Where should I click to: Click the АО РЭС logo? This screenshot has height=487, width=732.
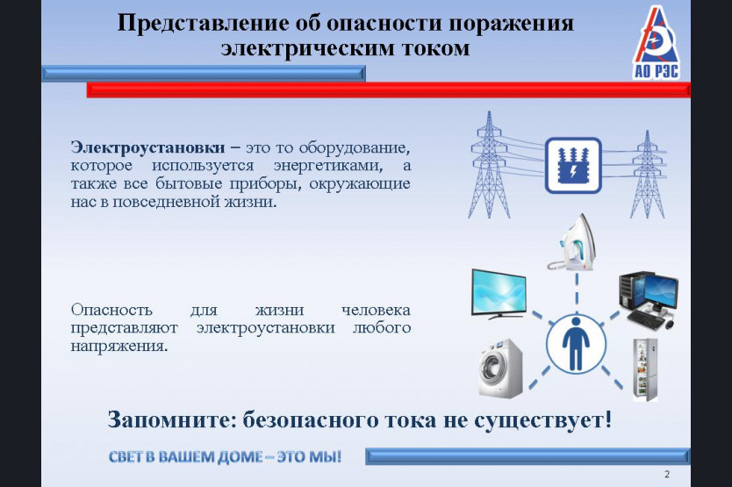point(656,43)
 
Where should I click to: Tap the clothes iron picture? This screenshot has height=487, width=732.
point(571,242)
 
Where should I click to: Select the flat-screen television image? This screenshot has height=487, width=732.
point(499,294)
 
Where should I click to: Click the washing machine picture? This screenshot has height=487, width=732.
point(500,368)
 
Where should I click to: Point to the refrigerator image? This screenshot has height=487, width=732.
point(645,369)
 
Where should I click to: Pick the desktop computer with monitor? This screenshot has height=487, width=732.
point(649,300)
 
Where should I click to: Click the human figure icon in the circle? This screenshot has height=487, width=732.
point(576,344)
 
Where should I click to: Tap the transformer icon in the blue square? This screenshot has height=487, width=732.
point(573,165)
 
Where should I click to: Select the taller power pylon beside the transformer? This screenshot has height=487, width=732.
point(489,165)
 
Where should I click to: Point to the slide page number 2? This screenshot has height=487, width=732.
point(667,475)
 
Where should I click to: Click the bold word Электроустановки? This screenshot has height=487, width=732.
point(148,147)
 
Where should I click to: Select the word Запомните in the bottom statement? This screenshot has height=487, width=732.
point(173,419)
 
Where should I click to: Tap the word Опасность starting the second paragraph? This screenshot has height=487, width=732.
point(111,310)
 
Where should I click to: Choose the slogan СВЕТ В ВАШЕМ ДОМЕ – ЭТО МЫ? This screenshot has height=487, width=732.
point(225,456)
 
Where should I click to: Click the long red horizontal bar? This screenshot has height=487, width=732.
point(389,90)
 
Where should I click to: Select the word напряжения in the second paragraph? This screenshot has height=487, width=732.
point(119,347)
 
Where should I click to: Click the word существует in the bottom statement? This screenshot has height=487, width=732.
point(542,419)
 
